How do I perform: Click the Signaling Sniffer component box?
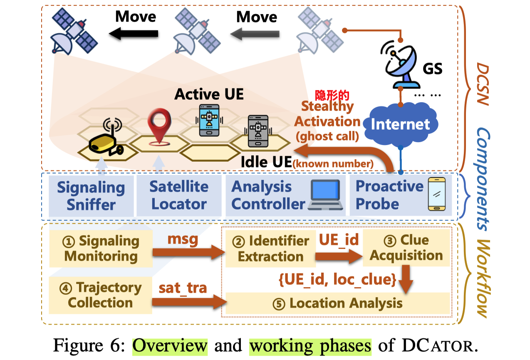tap(91, 195)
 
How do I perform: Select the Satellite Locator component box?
tap(179, 195)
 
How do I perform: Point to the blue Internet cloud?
tap(400, 124)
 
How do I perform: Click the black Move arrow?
tap(133, 33)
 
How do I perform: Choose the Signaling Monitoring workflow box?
tap(101, 249)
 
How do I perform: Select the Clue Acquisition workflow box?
tap(406, 248)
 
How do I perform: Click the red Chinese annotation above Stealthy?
tap(332, 95)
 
